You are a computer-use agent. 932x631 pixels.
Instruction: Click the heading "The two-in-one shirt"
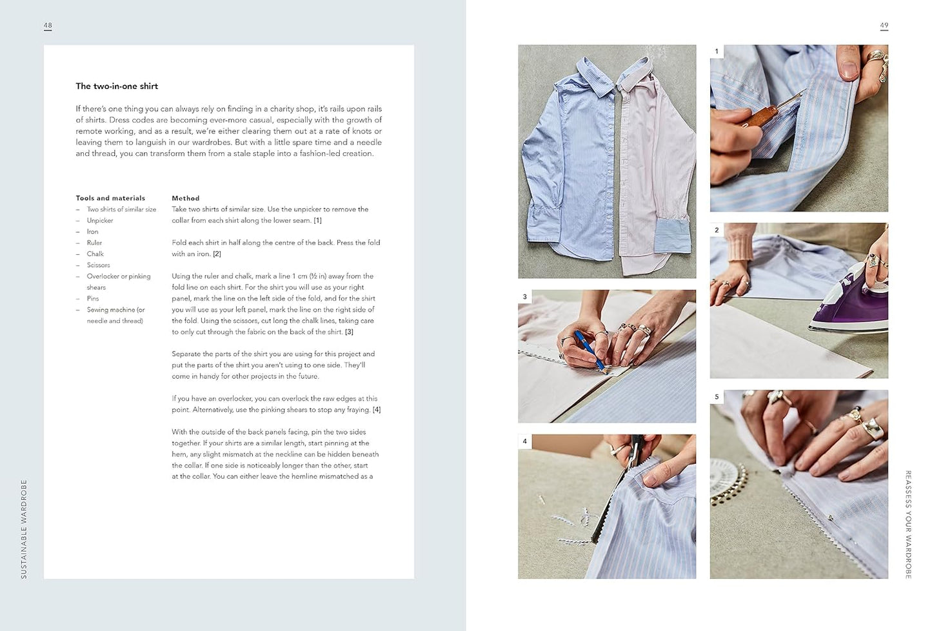coord(117,86)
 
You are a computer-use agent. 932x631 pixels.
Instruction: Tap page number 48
coord(48,25)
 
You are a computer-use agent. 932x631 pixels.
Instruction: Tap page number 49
coord(884,25)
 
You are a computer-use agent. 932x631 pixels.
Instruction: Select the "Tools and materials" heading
coord(110,198)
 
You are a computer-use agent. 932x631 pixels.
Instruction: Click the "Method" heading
coord(186,198)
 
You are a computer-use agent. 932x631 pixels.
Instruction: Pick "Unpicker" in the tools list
coord(100,221)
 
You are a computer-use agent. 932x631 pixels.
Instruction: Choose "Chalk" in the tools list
coord(95,254)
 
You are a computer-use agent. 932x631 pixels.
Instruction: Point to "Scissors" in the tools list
coord(99,265)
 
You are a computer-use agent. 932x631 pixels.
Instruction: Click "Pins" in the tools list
coord(93,299)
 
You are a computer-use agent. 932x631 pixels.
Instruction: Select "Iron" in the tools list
coord(92,232)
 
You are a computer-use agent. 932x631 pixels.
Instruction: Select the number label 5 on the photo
coord(717,397)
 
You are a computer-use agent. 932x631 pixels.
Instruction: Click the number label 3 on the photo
coord(524,296)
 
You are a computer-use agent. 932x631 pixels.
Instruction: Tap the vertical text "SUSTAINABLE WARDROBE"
coord(24,529)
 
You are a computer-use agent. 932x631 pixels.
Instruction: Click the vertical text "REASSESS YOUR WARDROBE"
coord(908,525)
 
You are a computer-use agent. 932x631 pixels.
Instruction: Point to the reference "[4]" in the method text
coord(377,410)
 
